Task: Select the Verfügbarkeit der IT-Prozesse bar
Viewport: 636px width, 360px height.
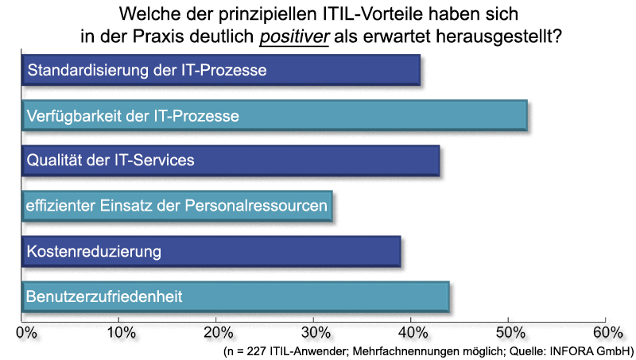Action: [x=274, y=116]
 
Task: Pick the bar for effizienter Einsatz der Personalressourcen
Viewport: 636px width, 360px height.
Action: [x=176, y=207]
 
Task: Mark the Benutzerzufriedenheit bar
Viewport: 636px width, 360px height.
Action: [x=236, y=297]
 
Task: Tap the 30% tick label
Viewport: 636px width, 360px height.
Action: [x=315, y=331]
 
